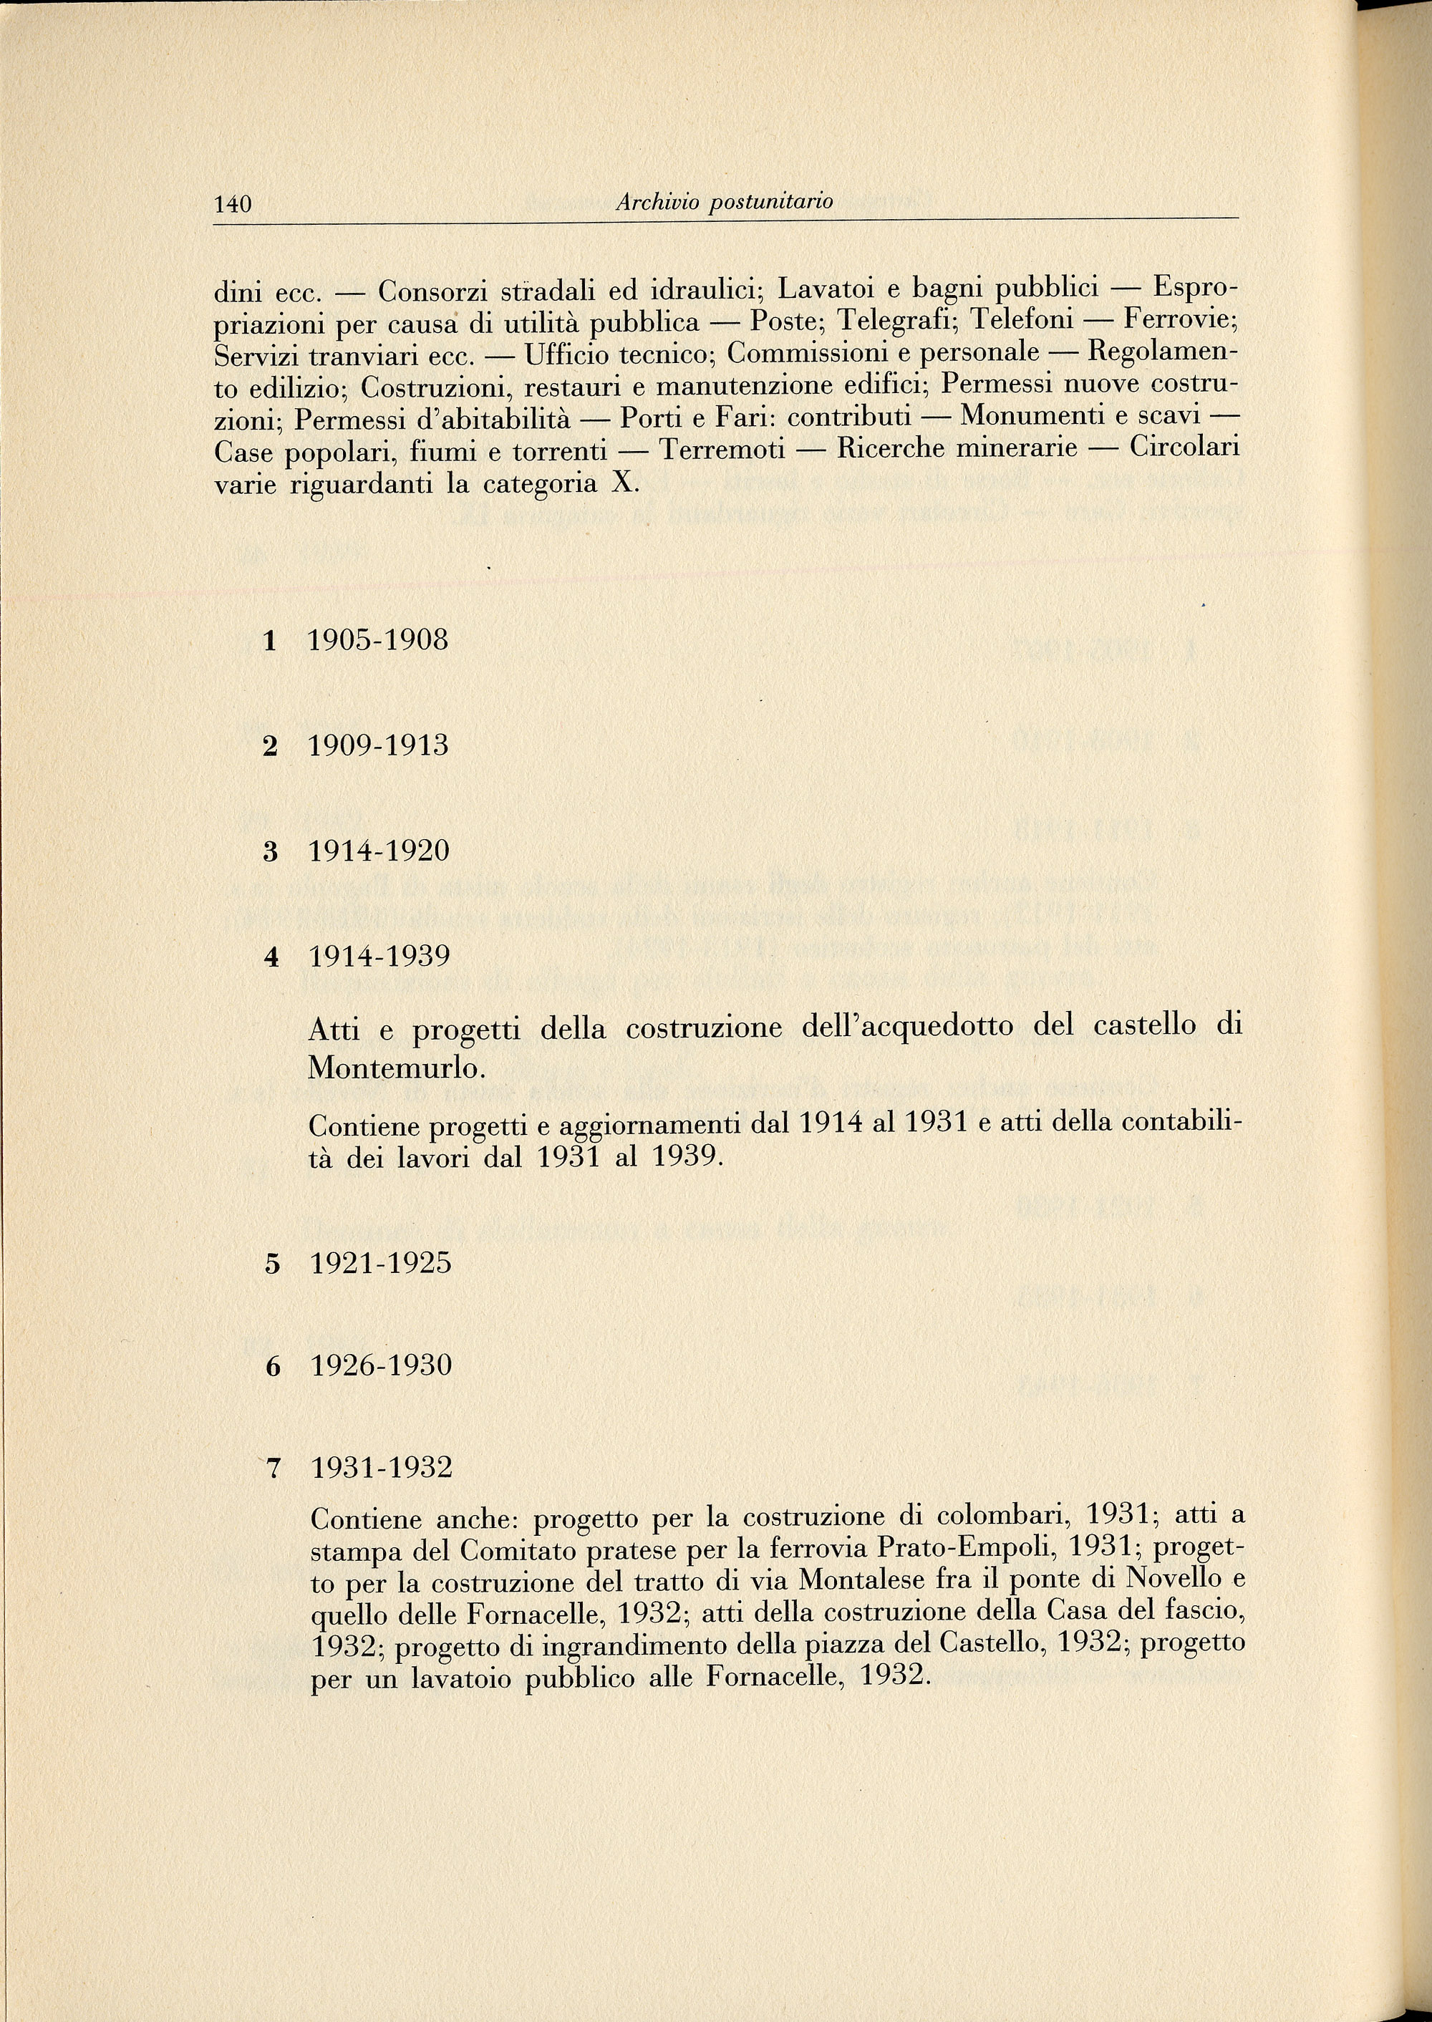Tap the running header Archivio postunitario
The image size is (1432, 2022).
click(x=724, y=202)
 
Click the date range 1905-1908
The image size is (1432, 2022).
click(x=378, y=640)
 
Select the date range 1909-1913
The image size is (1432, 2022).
click(x=378, y=746)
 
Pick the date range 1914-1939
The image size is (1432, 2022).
click(x=379, y=956)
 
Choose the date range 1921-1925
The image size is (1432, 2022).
click(x=381, y=1264)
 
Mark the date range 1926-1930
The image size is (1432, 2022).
click(x=381, y=1366)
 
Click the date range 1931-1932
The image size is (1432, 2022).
click(x=381, y=1469)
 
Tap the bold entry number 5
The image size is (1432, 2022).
click(x=271, y=1264)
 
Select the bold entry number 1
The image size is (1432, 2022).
click(x=270, y=641)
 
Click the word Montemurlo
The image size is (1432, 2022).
click(x=396, y=1069)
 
